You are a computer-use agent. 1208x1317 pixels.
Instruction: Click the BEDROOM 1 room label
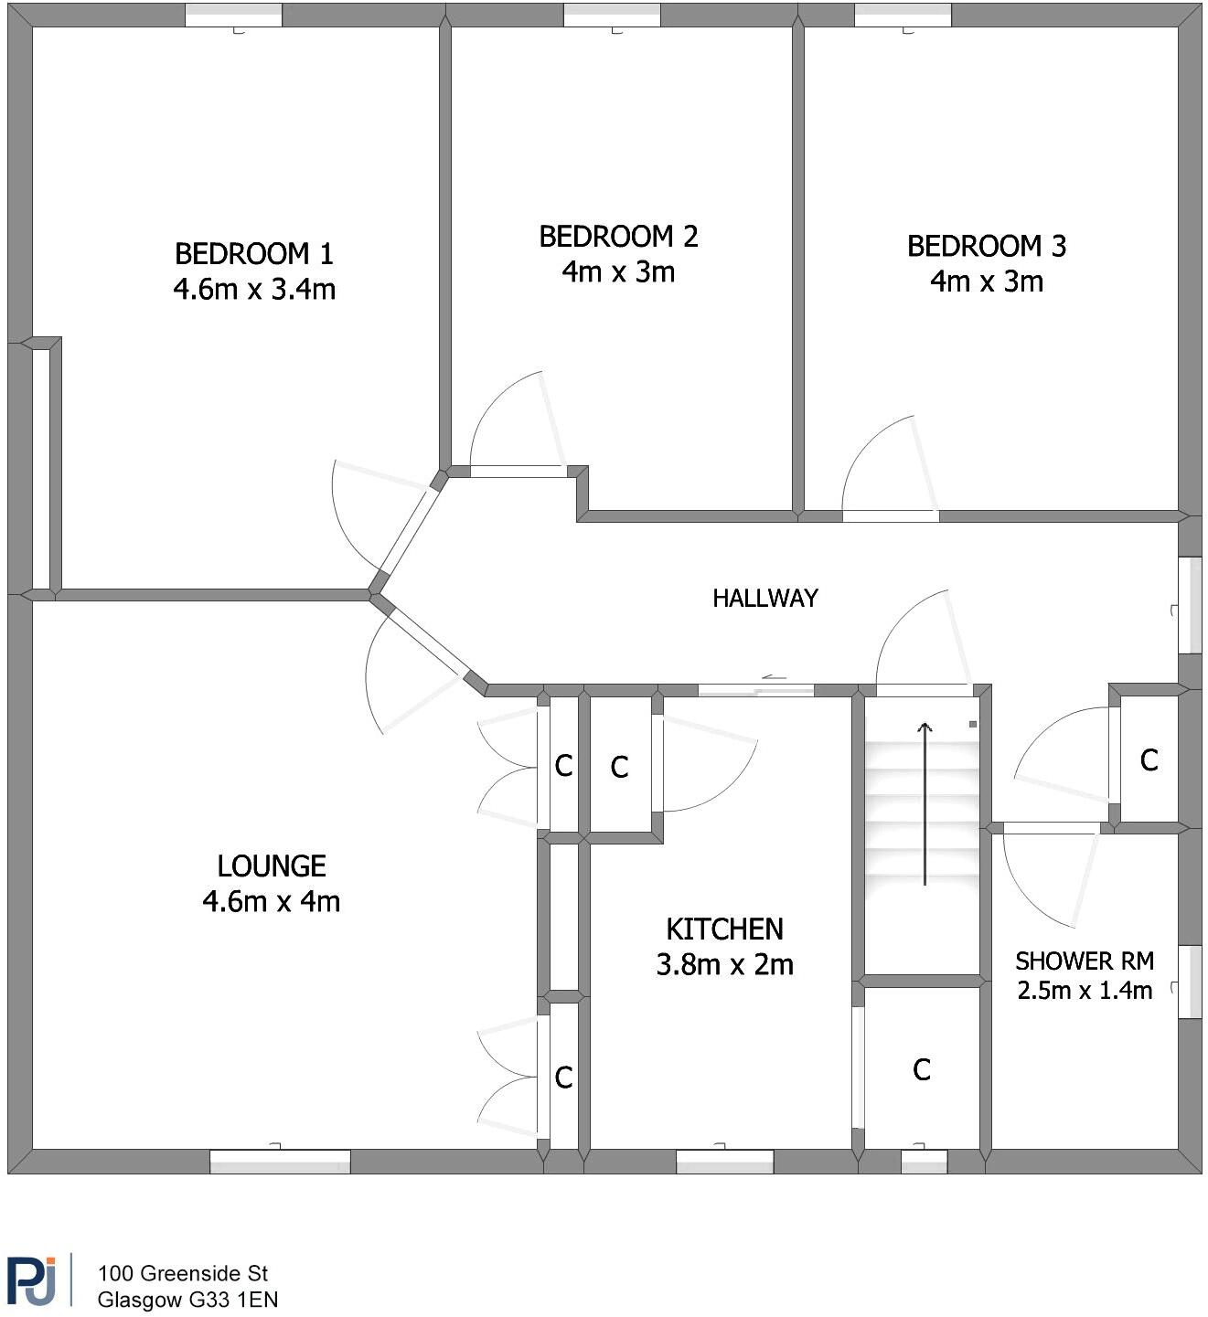click(254, 254)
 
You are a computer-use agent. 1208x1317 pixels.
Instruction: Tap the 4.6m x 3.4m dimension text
click(254, 290)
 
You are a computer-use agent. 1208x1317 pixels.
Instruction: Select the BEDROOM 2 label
click(618, 237)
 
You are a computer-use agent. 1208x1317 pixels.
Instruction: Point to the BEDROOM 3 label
click(987, 246)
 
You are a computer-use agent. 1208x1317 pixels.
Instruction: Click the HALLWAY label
click(765, 598)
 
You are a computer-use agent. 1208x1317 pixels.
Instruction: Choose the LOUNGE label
click(272, 866)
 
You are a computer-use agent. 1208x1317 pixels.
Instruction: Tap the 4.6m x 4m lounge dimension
click(272, 902)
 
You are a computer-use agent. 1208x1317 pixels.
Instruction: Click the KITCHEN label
click(724, 929)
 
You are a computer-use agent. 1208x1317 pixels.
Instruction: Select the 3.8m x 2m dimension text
click(724, 965)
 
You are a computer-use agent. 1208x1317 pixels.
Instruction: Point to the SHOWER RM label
click(1085, 961)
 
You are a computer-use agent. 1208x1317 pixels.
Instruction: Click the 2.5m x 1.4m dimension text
click(1085, 990)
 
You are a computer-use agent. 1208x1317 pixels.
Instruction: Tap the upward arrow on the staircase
click(925, 803)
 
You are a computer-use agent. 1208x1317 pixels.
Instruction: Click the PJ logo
click(31, 1280)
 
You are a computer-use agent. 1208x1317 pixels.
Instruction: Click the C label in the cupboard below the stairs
click(922, 1070)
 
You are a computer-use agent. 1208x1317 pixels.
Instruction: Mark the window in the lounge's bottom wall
click(280, 1161)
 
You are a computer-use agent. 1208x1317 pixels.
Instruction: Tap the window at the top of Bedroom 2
click(612, 16)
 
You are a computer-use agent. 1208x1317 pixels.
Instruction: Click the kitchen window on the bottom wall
click(724, 1161)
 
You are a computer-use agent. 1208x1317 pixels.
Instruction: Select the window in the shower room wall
click(1190, 982)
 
